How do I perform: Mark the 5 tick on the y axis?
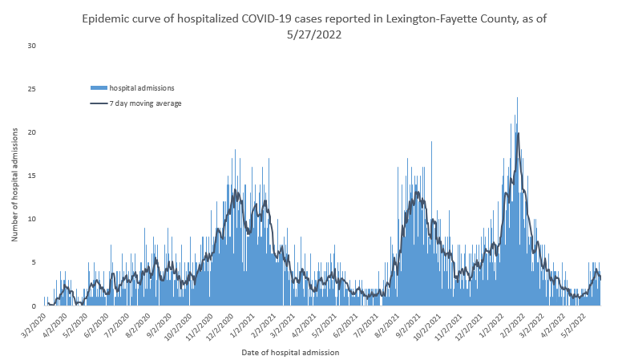33,262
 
